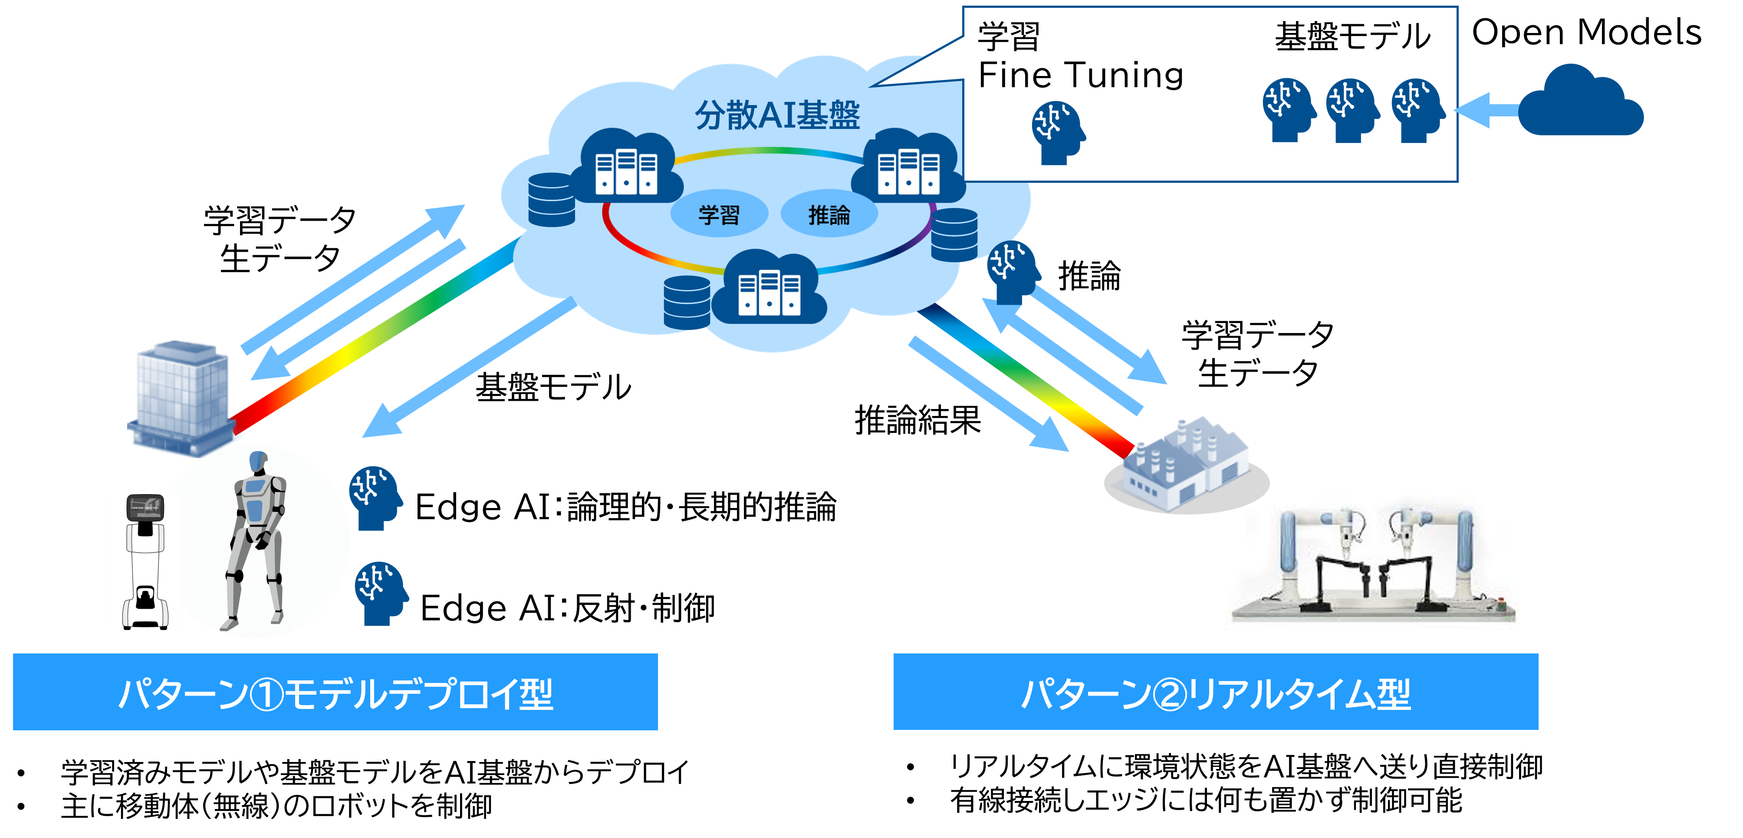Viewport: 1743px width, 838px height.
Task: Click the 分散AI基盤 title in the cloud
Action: [x=777, y=115]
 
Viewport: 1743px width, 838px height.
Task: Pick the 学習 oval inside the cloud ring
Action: [x=719, y=214]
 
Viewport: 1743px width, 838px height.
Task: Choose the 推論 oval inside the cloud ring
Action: [x=829, y=214]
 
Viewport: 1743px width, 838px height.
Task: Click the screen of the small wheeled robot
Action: [x=145, y=507]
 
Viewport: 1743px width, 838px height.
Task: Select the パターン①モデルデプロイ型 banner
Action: [x=335, y=692]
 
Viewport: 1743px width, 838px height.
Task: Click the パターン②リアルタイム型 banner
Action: [x=1216, y=692]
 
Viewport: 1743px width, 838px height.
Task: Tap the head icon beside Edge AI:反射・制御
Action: [x=381, y=594]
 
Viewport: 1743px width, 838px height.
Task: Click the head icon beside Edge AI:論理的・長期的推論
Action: [x=375, y=498]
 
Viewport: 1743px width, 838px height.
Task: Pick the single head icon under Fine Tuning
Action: [x=1058, y=133]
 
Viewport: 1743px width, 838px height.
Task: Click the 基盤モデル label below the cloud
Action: [x=553, y=387]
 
